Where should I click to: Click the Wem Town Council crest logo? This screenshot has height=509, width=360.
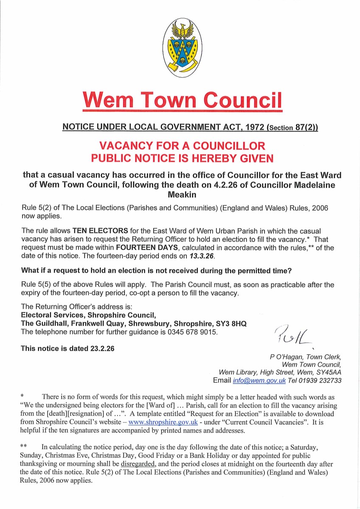pyautogui.click(x=183, y=50)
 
